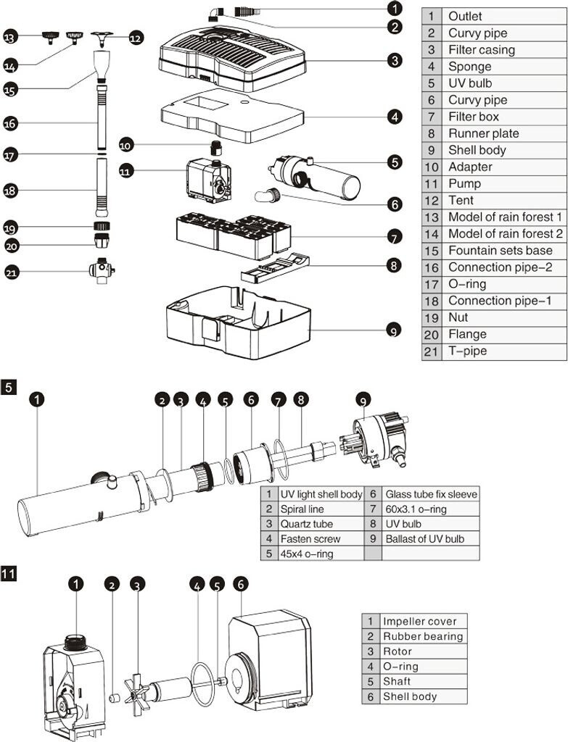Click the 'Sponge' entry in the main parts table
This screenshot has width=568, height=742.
point(469,67)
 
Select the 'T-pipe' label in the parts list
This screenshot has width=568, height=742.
point(467,351)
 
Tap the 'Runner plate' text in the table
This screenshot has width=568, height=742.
point(483,133)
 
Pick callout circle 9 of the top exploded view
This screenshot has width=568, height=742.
point(393,330)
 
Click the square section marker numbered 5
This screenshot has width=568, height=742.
point(9,387)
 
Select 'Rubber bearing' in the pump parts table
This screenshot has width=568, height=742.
point(422,636)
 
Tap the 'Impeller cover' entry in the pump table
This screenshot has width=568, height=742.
point(420,621)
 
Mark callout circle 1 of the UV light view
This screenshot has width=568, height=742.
point(37,398)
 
